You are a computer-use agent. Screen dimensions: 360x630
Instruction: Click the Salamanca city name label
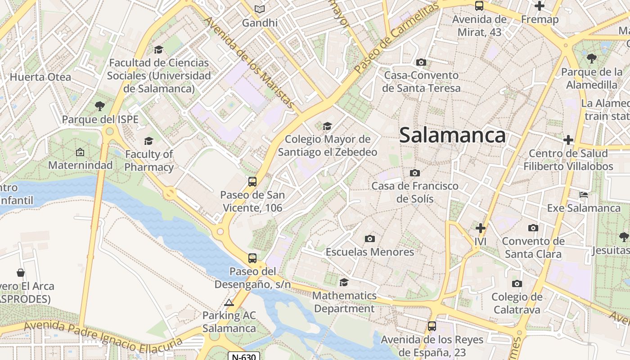[452, 135]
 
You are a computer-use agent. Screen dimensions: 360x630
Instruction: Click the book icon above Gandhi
[259, 9]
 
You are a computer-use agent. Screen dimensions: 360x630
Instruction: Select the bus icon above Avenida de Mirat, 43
[479, 6]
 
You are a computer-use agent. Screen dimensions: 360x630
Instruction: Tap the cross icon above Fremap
[539, 6]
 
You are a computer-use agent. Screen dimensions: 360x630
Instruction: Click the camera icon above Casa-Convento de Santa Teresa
[421, 62]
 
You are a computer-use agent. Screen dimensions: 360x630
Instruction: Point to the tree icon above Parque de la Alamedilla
[591, 58]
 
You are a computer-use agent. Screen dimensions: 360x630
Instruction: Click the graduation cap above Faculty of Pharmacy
[148, 141]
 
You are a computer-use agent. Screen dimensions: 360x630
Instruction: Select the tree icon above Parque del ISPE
[100, 106]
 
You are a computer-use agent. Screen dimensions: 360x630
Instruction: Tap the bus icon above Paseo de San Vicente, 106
[252, 182]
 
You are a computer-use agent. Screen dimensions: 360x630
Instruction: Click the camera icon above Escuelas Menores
[370, 238]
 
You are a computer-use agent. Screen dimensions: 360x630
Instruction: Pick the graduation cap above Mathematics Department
[344, 282]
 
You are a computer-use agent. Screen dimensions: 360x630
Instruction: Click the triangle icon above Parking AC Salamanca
[229, 302]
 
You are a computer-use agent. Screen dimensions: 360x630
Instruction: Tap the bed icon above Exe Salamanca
[584, 195]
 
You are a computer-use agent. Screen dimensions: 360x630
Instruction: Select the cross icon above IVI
[481, 228]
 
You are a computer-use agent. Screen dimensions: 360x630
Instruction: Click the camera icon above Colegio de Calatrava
[517, 283]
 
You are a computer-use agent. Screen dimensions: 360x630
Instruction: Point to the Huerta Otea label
[40, 77]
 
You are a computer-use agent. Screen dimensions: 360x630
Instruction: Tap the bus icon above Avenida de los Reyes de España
[432, 326]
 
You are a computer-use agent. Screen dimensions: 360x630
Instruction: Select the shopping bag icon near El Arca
[21, 272]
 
